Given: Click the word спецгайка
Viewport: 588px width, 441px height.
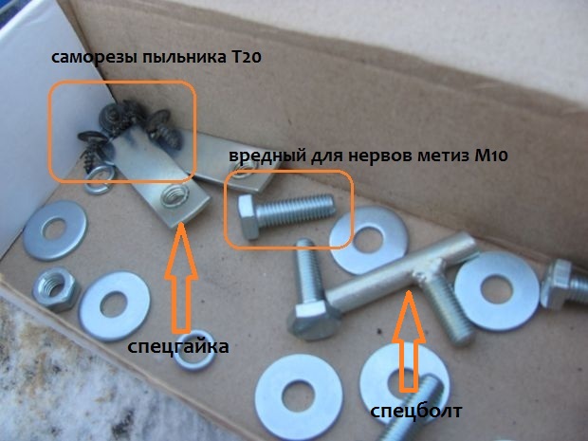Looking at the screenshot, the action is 178,347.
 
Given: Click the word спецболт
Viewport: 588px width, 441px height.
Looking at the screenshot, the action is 416,412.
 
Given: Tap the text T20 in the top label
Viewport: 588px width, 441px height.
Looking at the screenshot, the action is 244,58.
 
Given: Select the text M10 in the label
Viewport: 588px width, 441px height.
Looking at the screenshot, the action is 491,156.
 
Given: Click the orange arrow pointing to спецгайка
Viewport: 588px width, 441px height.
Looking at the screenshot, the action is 181,278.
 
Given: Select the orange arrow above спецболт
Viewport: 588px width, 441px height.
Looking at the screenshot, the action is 409,341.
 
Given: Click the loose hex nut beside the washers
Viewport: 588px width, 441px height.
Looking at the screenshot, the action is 56,288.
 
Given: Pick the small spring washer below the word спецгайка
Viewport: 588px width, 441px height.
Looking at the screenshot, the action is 193,350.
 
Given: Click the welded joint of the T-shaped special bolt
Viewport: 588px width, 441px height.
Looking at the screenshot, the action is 428,270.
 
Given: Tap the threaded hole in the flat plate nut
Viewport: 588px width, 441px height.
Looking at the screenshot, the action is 174,195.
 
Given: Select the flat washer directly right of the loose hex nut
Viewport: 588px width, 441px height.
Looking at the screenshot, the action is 114,306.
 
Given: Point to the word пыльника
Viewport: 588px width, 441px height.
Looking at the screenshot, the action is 182,58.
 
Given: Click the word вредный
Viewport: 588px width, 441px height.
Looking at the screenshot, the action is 267,156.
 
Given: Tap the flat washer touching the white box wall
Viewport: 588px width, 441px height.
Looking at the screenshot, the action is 55,230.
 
